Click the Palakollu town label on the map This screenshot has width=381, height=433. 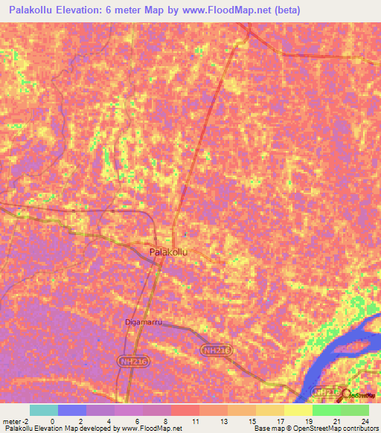(168, 252)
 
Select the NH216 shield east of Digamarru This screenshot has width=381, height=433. (217, 350)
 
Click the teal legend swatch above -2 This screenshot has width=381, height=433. (43, 410)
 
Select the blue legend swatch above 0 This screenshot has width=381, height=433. (72, 410)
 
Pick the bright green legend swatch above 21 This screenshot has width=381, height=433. (325, 410)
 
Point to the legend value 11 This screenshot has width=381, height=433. (195, 421)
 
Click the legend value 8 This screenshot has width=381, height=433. (166, 421)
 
